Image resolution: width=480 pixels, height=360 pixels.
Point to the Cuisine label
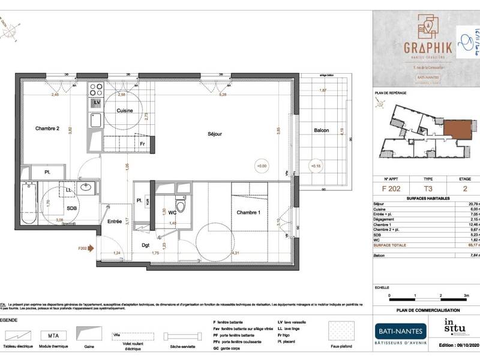tap(124, 111)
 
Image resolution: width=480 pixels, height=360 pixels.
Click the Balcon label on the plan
tap(321, 131)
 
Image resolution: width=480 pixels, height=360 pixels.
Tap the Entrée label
tap(115, 221)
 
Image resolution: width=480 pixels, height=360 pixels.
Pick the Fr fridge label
tap(142, 144)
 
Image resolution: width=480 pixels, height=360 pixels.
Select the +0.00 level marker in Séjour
tap(261, 166)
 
